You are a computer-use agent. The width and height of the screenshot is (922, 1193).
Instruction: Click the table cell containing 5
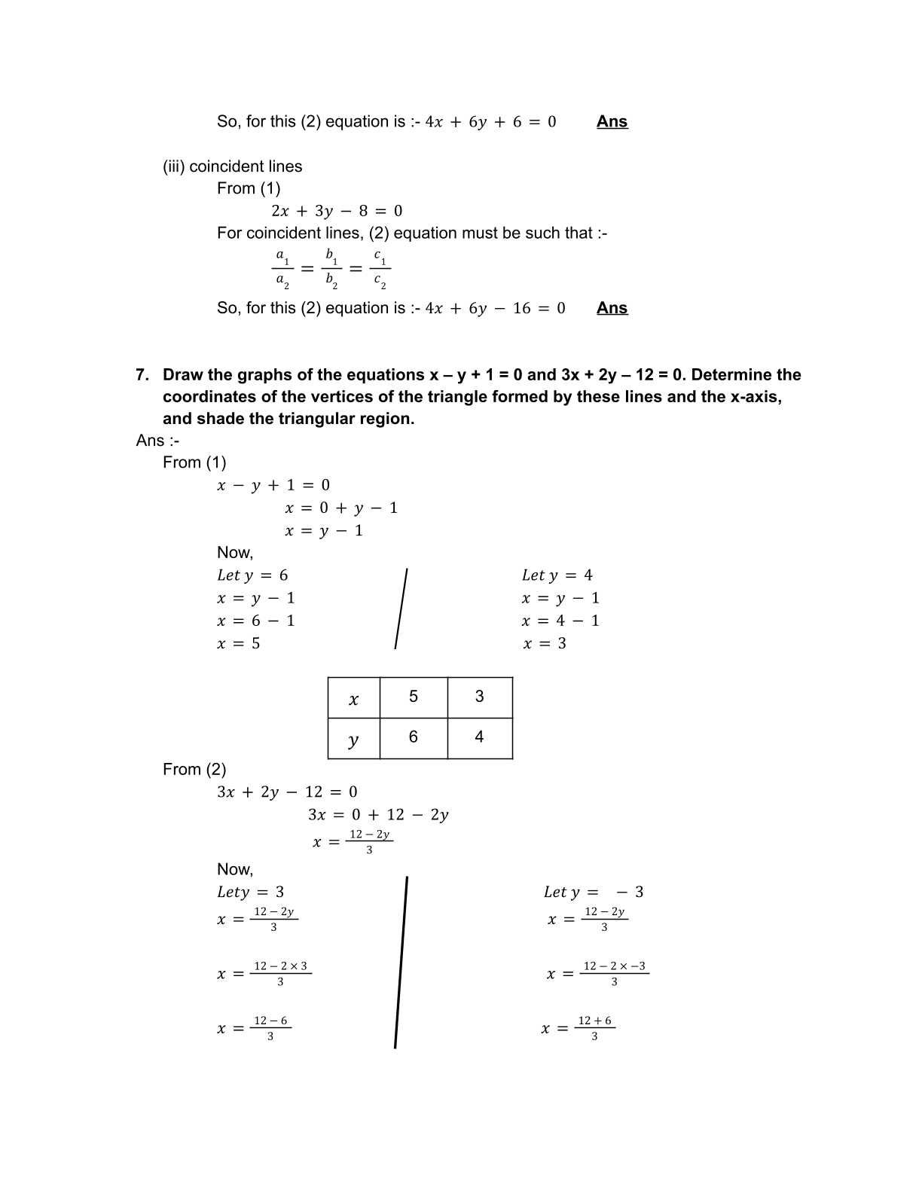414,697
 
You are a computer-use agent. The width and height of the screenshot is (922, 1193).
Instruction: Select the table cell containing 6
414,737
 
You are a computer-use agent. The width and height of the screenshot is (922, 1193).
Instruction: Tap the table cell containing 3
480,697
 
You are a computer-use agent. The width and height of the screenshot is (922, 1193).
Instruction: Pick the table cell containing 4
480,737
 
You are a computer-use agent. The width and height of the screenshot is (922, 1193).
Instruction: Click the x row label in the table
353,699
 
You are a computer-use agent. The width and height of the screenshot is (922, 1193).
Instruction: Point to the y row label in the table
353,740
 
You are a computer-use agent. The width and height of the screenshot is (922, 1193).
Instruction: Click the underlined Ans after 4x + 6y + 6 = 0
612,122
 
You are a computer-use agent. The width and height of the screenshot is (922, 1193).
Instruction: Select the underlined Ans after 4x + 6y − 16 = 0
612,308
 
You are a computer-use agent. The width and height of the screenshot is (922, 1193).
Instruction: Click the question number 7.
142,375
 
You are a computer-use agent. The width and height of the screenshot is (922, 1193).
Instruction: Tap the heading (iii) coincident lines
232,166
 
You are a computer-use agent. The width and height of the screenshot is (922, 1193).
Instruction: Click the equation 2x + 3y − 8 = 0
337,211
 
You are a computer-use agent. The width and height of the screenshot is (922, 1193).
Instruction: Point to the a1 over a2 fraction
282,269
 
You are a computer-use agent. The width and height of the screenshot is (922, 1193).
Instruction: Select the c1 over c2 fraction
380,269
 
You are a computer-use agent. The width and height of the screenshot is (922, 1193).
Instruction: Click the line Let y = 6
252,575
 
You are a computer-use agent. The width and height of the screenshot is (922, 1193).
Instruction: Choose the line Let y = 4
557,575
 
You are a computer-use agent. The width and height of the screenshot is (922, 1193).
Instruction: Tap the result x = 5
239,644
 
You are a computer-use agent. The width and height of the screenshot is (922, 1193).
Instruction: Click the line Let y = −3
594,892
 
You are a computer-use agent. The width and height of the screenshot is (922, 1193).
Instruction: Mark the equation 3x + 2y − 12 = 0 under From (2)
287,792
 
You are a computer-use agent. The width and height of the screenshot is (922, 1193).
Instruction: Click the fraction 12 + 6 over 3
594,1028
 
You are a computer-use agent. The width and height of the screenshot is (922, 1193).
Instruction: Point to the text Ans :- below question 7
157,441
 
